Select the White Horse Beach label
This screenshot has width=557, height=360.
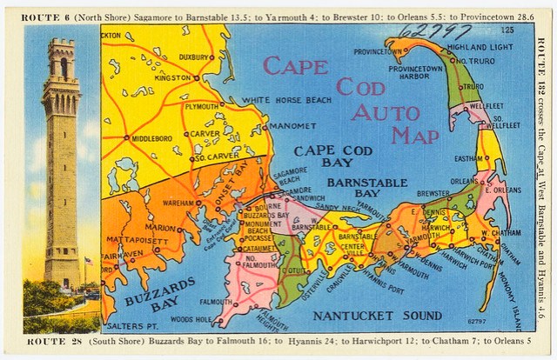click(x=286, y=101)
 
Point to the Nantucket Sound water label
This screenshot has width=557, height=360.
click(x=377, y=315)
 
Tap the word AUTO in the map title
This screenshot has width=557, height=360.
click(x=392, y=112)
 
